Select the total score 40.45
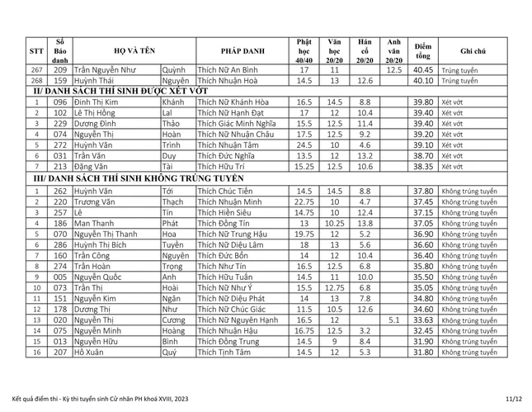[423, 69]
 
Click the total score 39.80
[423, 102]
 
